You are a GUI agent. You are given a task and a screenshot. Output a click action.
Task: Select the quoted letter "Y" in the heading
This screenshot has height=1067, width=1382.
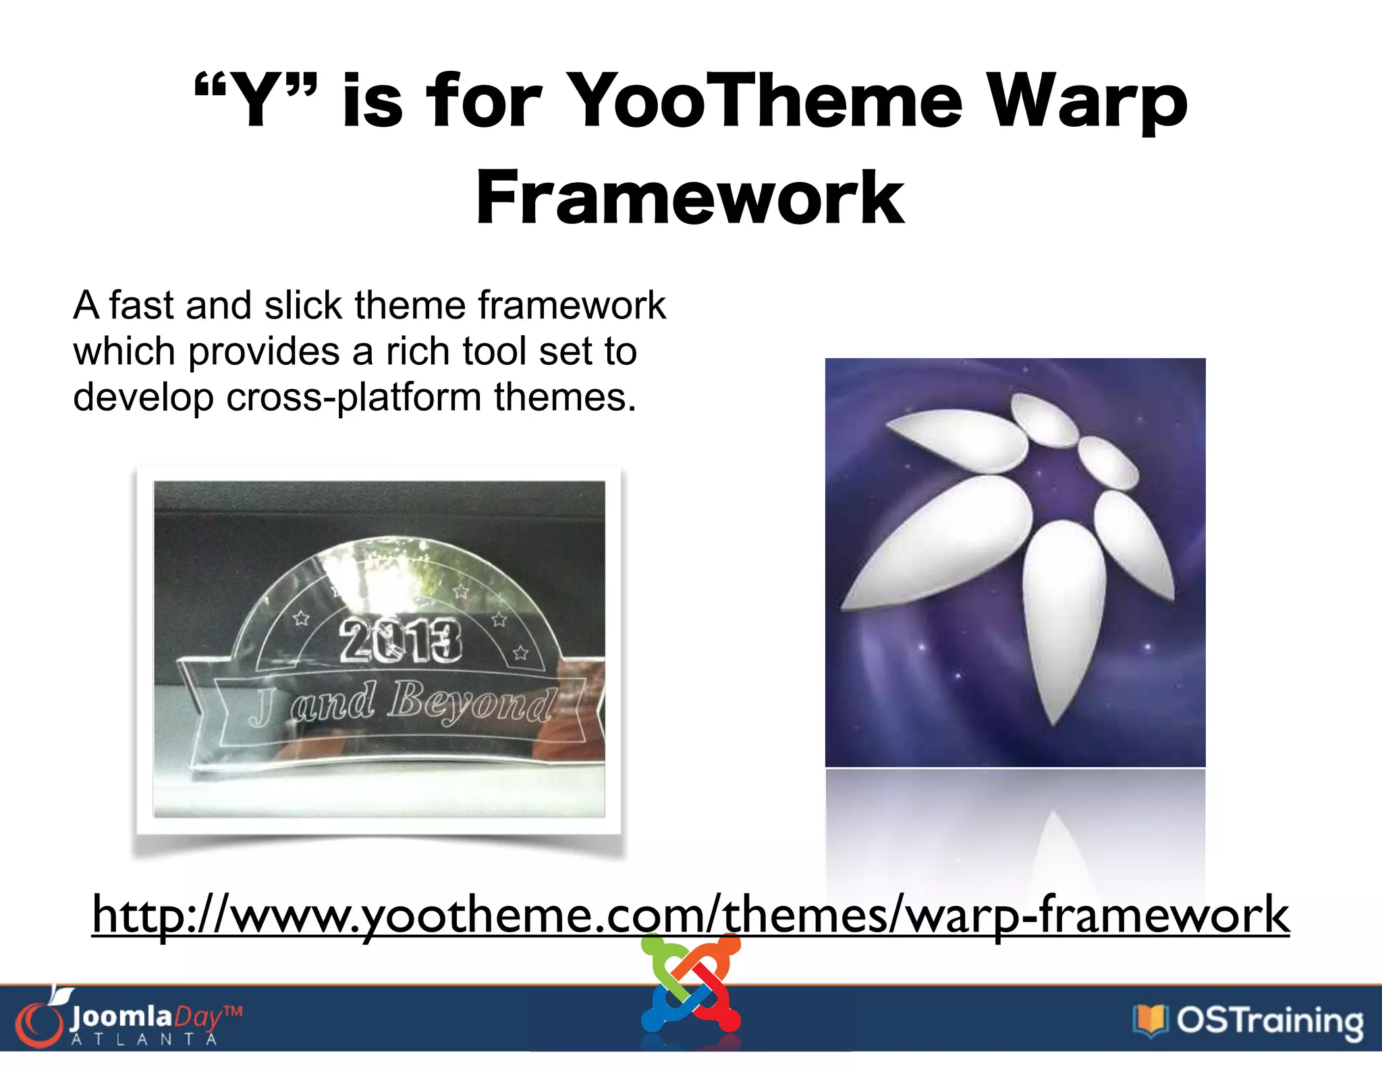coord(256,101)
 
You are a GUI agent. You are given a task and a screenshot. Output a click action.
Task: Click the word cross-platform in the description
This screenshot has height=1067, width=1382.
coord(355,397)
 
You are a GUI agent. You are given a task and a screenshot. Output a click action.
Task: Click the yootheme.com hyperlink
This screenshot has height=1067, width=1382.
coord(690,915)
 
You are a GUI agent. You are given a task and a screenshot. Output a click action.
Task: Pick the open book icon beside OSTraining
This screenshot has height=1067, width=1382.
coord(1150,1020)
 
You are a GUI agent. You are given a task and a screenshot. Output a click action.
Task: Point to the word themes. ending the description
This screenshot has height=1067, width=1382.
coord(565,397)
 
